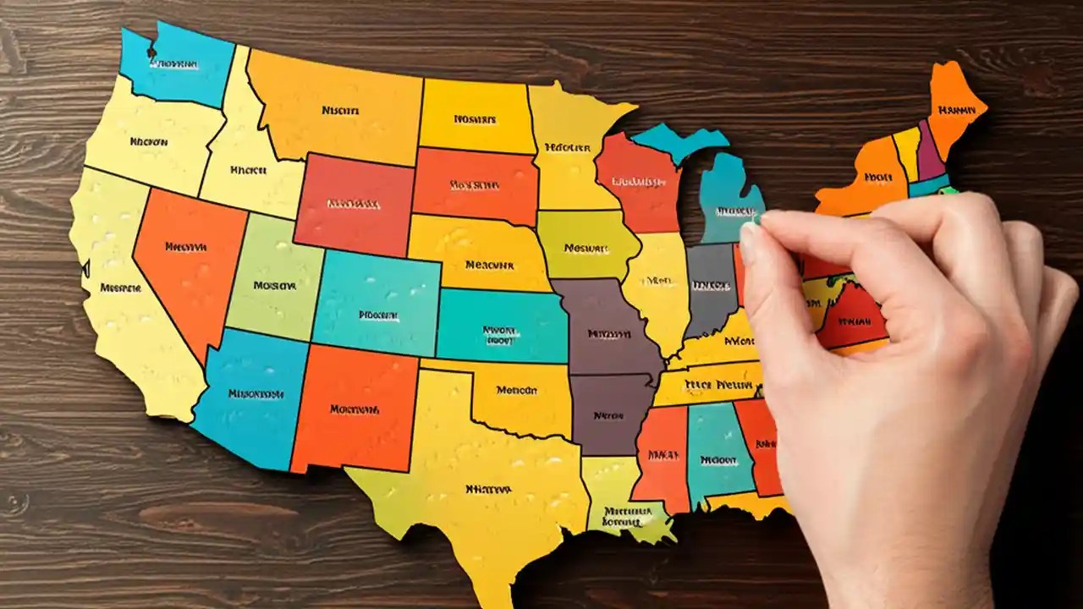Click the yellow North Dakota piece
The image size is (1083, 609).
click(476, 117)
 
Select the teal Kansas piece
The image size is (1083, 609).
click(501, 326)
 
